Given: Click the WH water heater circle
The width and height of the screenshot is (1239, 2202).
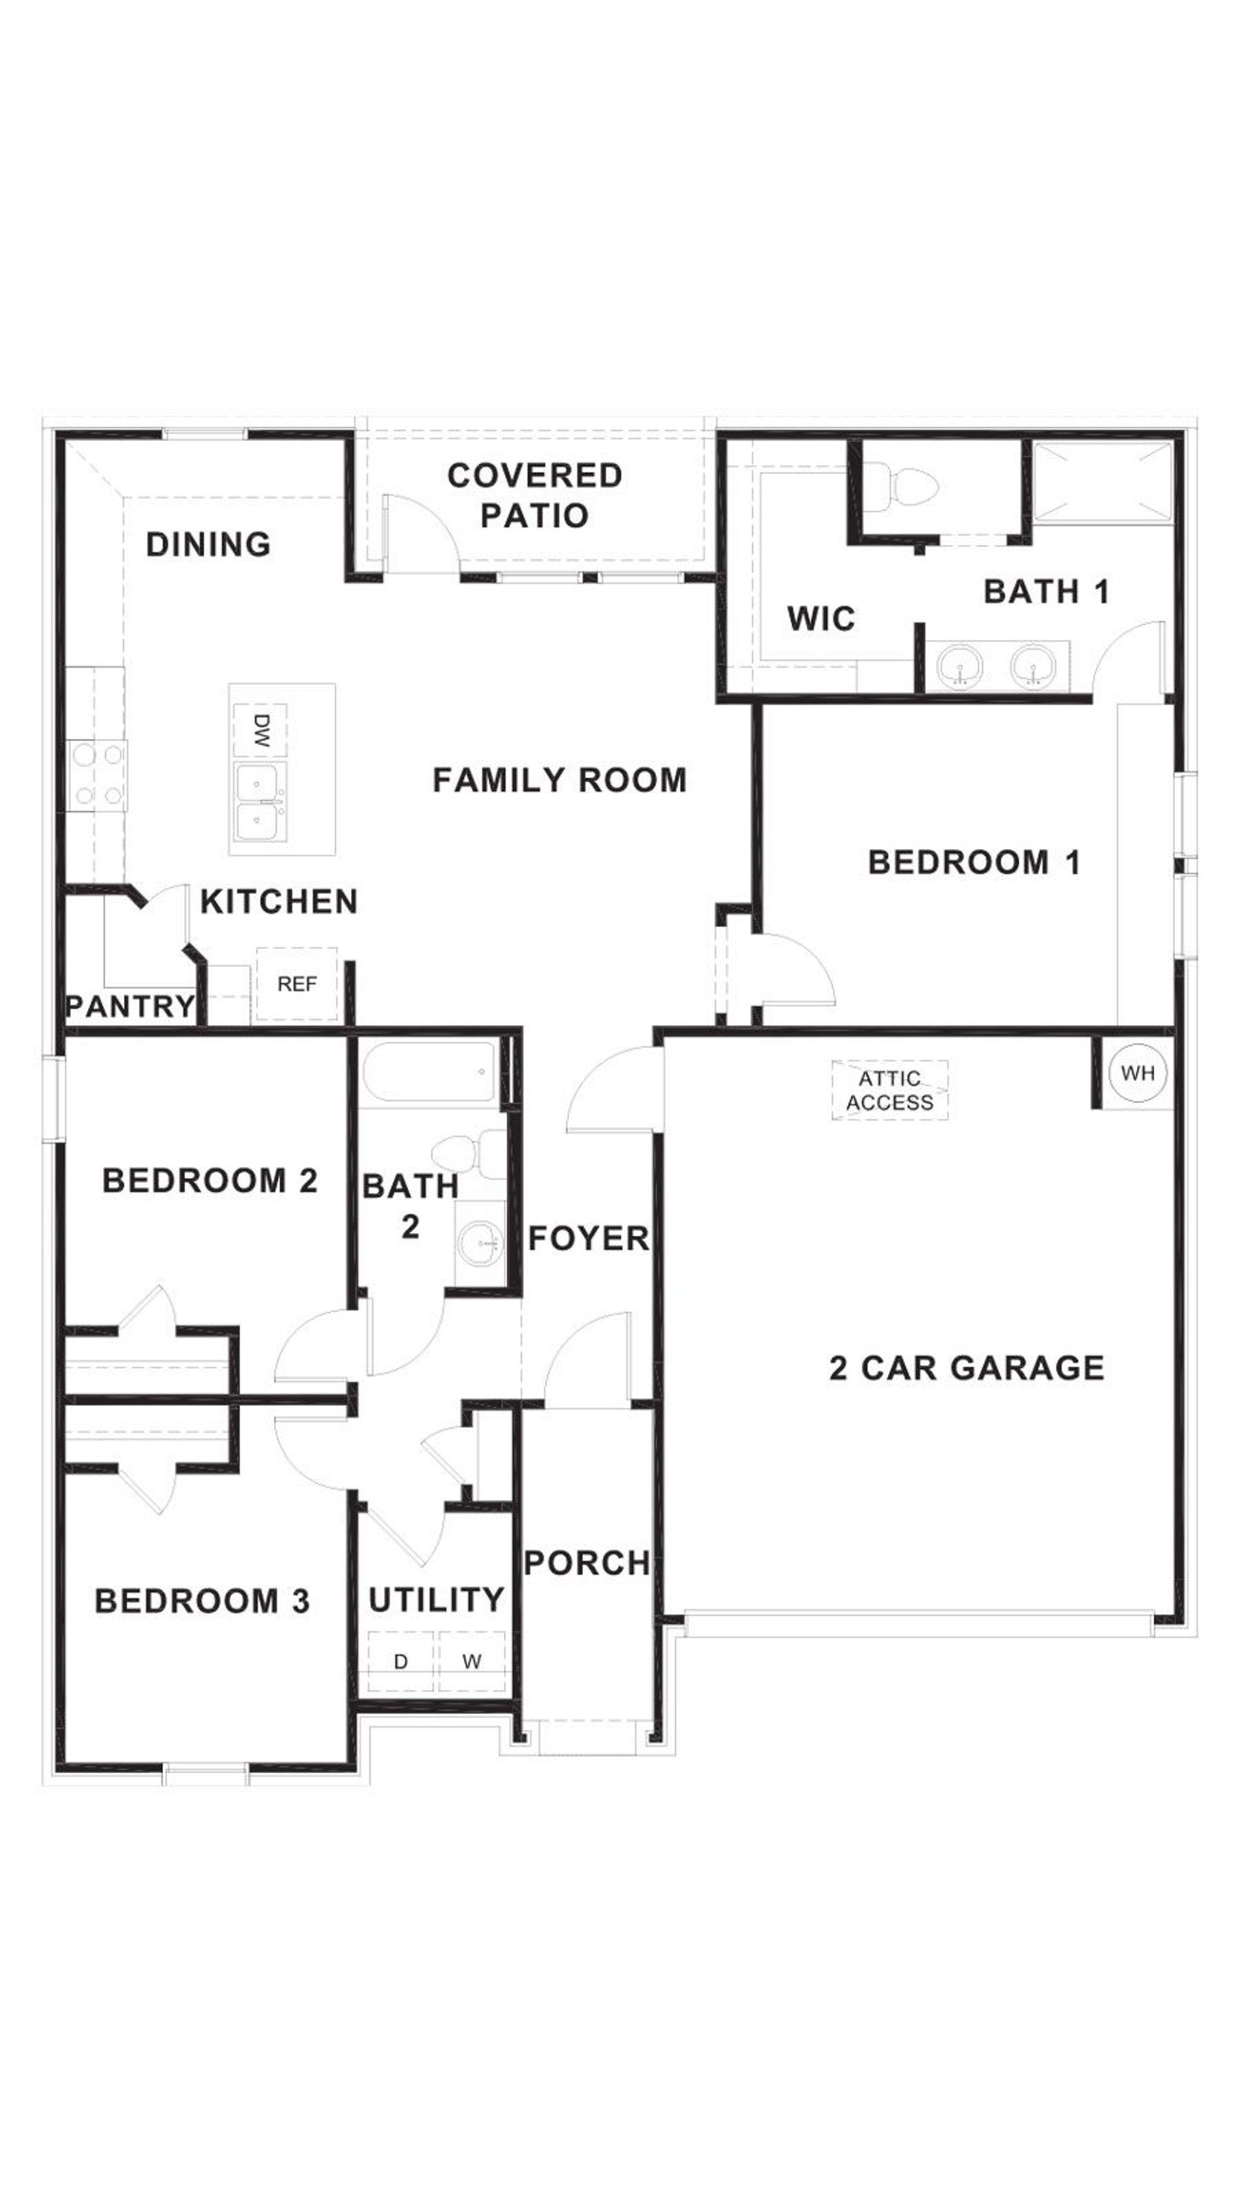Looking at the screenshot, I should [x=1136, y=1073].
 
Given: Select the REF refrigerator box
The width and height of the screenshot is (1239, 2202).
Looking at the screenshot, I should [x=296, y=984].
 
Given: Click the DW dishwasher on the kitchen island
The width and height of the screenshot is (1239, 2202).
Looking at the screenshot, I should [x=261, y=731].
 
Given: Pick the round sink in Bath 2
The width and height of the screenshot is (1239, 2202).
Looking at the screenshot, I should [x=480, y=1245].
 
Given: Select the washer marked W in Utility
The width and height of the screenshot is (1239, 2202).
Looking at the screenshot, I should [x=471, y=1662].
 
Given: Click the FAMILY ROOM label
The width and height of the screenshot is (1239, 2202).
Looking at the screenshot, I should [x=559, y=780].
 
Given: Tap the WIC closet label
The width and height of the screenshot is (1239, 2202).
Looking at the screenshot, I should [x=821, y=619].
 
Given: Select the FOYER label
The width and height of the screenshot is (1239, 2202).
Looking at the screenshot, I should [x=588, y=1239].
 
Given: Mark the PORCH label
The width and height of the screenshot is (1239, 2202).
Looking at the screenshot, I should [x=587, y=1563].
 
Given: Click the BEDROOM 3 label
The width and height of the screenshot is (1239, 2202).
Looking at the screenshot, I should [x=202, y=1601].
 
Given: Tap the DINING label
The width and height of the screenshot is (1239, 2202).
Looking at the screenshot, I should [x=209, y=544].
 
